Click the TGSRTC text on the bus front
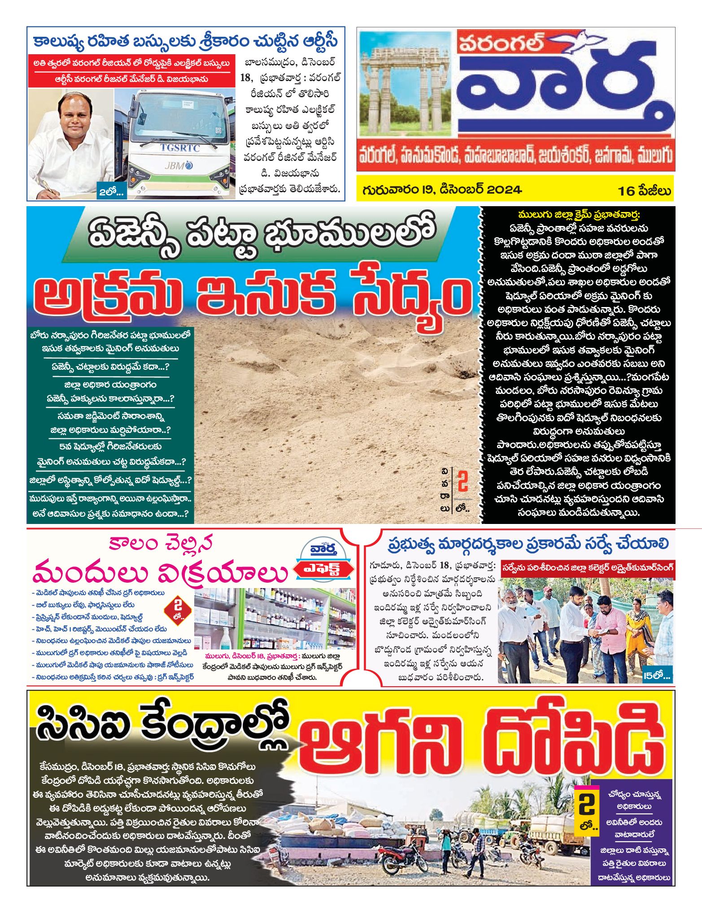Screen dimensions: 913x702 [180, 148]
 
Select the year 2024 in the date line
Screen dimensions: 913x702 [504, 190]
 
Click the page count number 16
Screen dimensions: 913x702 [626, 191]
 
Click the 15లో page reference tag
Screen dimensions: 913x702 [656, 675]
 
